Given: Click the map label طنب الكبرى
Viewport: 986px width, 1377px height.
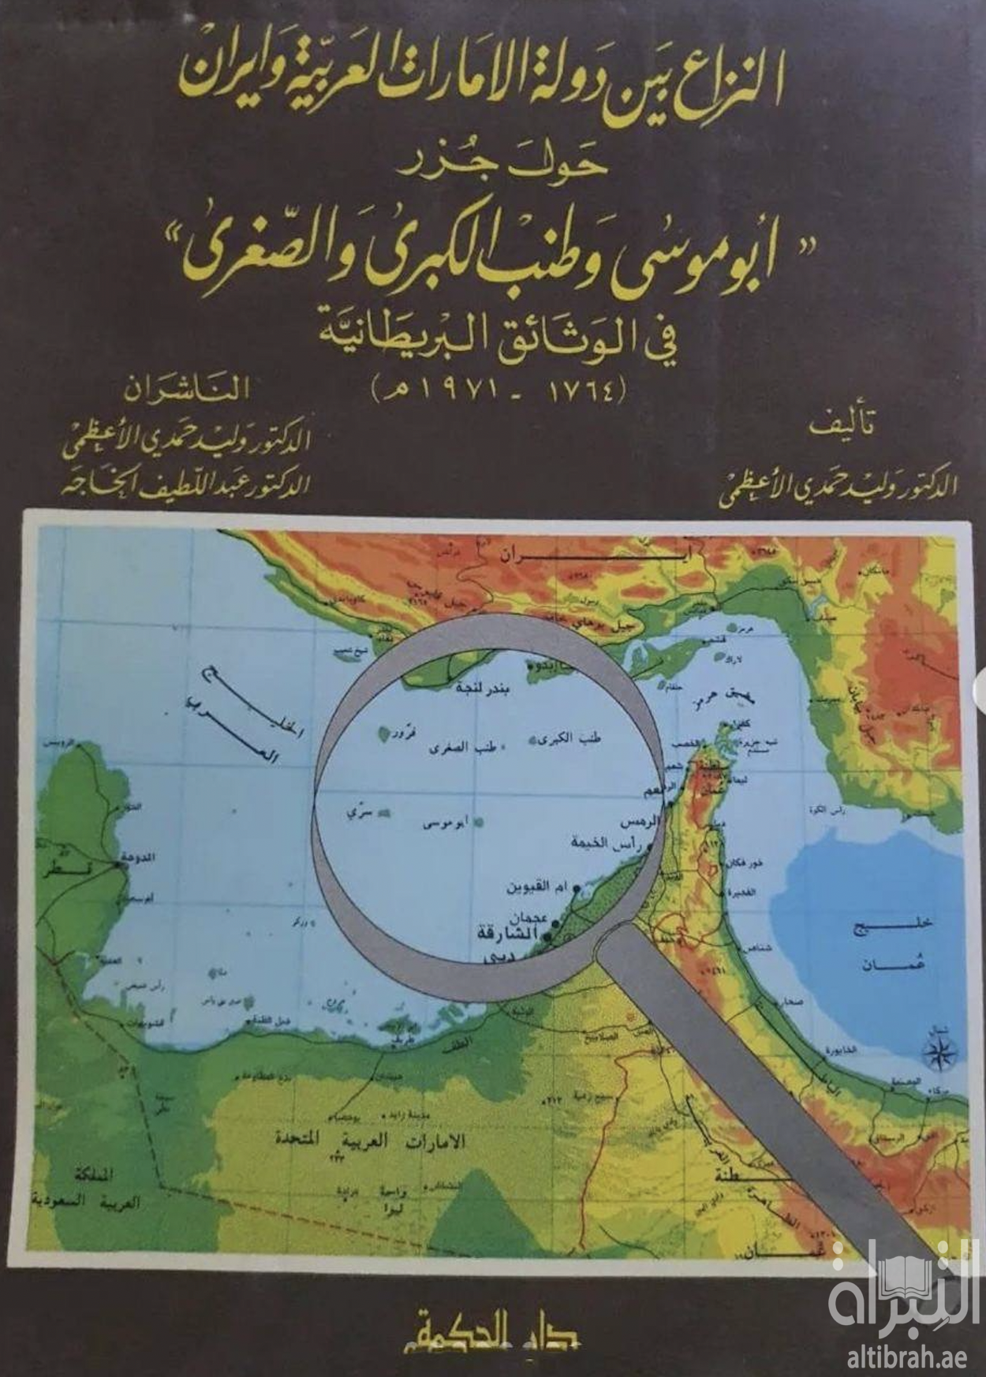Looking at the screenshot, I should point(578,739).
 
